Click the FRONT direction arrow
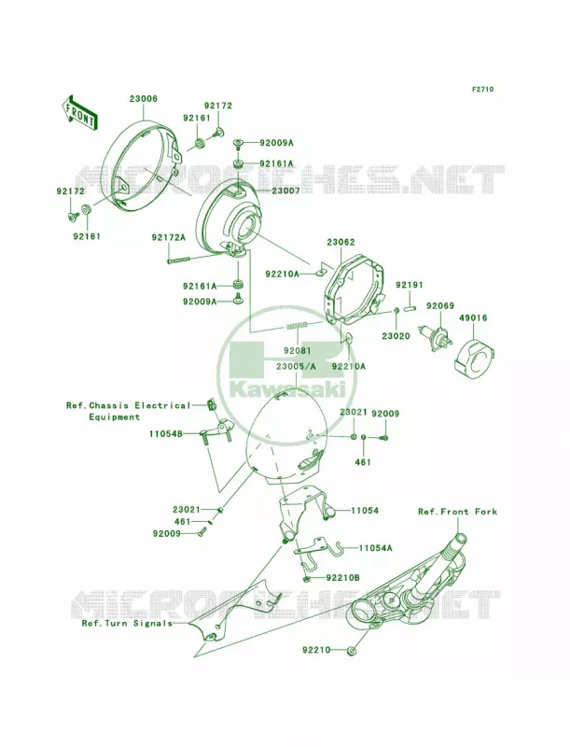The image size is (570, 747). point(79,112)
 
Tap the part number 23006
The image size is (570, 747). point(143,99)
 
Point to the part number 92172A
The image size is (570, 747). point(169,237)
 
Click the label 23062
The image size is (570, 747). point(341,243)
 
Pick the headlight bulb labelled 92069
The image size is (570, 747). point(433,334)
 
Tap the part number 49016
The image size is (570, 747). point(473,317)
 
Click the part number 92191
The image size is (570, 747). point(410,285)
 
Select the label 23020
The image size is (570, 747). point(396,336)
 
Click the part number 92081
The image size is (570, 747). point(298,350)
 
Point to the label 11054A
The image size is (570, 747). point(375,548)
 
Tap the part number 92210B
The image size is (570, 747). point(342,578)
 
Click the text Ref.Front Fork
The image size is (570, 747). point(457,511)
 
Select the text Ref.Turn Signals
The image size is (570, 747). point(127,623)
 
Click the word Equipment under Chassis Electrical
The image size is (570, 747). point(115,416)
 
